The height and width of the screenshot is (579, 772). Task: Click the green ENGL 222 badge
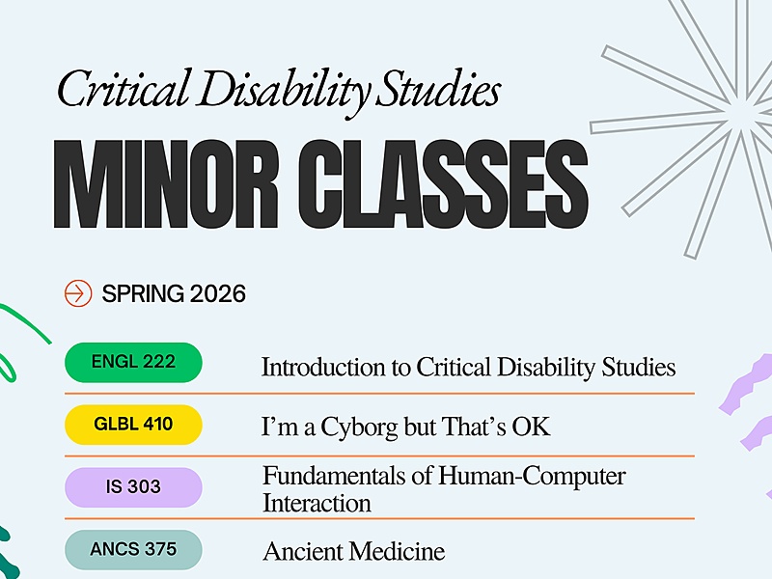pos(133,363)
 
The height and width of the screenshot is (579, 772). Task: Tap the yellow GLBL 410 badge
pos(133,425)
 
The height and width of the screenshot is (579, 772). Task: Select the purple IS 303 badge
pos(133,487)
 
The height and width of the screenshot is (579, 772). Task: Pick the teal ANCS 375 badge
pos(133,549)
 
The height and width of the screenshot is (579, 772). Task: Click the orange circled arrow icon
pos(78,293)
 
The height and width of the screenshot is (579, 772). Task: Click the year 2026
pos(218,294)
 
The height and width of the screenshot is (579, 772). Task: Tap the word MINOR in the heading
pos(166,184)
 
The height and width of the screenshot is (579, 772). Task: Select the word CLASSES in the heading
pos(444,184)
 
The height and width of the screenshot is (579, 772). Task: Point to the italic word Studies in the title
pos(438,89)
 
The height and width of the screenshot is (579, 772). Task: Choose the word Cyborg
pos(359,427)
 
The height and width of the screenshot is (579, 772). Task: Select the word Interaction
pos(317,503)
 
